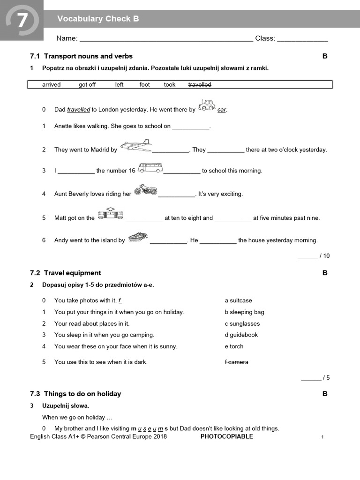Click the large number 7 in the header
pyautogui.click(x=22, y=21)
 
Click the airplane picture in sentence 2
pyautogui.click(x=136, y=146)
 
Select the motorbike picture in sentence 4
pyautogui.click(x=145, y=189)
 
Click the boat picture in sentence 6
pyautogui.click(x=138, y=237)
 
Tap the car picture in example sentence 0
pyautogui.click(x=207, y=105)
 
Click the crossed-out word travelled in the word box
pyautogui.click(x=200, y=85)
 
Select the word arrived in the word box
pyautogui.click(x=51, y=85)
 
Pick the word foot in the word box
pyautogui.click(x=144, y=85)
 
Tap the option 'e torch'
pyautogui.click(x=234, y=347)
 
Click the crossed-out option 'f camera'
pyautogui.click(x=236, y=362)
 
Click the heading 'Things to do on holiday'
pyautogui.click(x=82, y=394)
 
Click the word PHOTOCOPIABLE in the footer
pyautogui.click(x=226, y=437)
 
